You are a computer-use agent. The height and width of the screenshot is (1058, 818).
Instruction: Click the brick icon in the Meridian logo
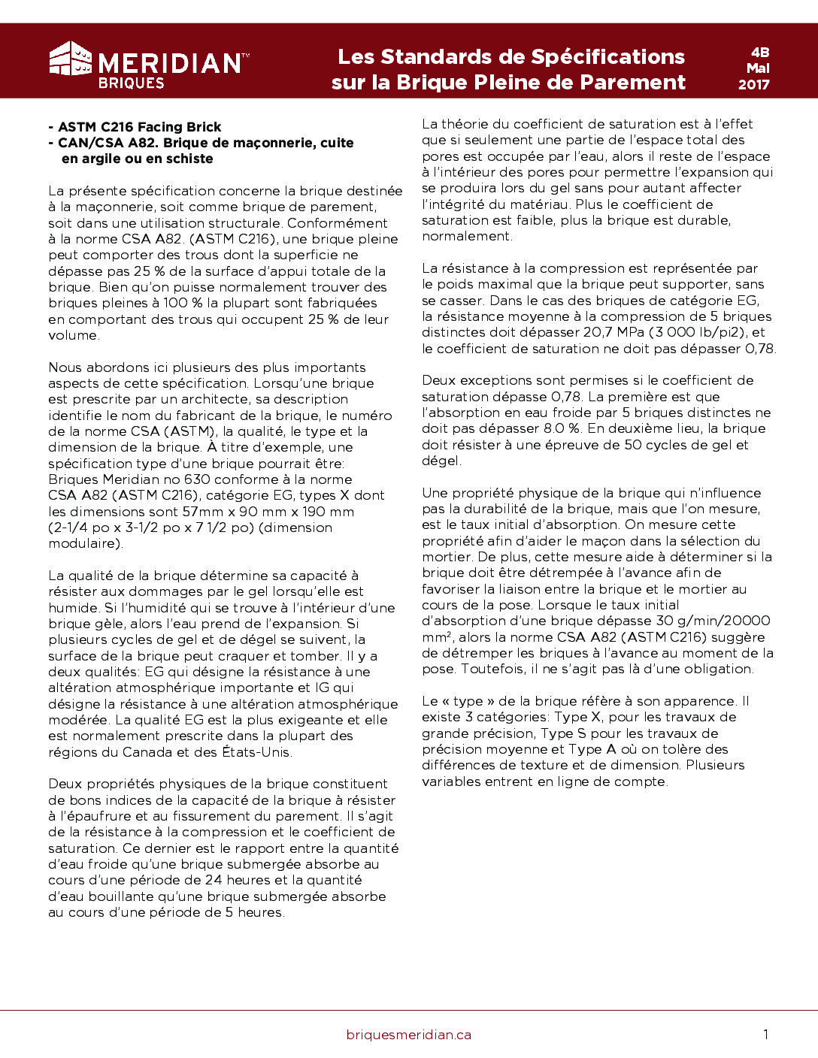[71, 59]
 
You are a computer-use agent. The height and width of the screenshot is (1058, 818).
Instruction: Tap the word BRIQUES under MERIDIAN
[131, 83]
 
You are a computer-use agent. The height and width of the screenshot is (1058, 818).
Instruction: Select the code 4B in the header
[759, 52]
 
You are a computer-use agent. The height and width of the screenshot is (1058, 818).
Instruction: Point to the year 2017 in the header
[753, 84]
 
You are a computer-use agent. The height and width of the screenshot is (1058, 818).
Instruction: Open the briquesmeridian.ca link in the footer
[408, 1035]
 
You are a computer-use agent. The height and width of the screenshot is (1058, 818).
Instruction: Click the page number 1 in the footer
[765, 1035]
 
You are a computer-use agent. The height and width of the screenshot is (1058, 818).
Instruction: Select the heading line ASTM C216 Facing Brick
[140, 127]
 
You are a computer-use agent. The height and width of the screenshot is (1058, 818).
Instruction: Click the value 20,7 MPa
[613, 332]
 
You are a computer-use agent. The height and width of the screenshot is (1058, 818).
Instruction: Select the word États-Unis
[256, 752]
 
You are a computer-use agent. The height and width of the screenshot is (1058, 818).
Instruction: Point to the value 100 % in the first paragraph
[183, 303]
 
